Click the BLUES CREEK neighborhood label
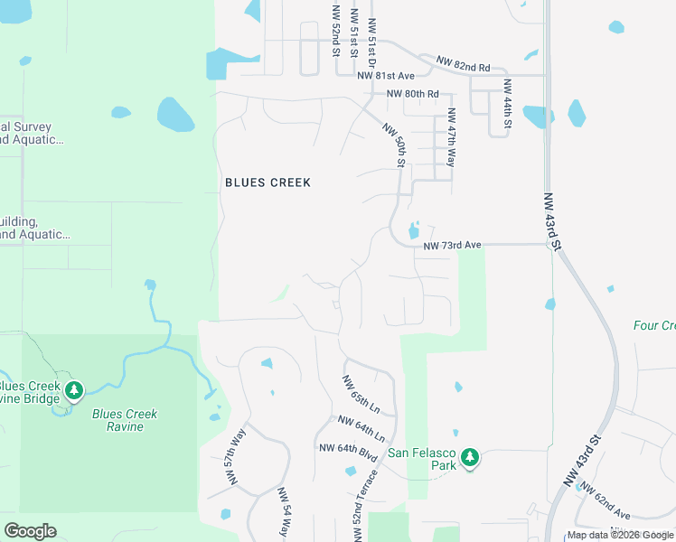pos(268,182)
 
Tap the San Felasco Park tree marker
pos(469,458)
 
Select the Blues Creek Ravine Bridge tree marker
pos(74,391)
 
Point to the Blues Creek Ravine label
pos(125,420)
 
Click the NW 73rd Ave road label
pos(453,245)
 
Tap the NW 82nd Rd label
pos(463,64)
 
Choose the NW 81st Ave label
pos(385,76)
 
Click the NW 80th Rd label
pos(412,94)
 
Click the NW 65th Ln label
pos(361,395)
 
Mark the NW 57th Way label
pos(235,457)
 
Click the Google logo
pos(31,531)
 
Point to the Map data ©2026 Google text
pos(619,535)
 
